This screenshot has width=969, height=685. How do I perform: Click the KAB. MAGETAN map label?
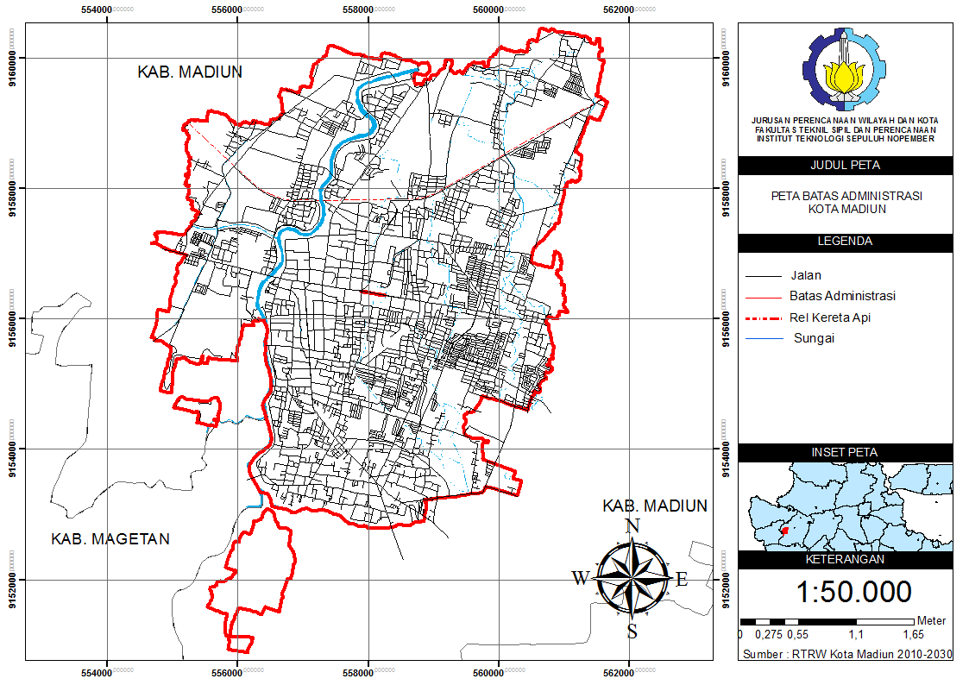(x=110, y=539)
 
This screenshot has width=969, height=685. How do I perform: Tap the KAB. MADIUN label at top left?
(x=190, y=72)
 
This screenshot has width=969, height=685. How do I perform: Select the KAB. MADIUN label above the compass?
(x=655, y=506)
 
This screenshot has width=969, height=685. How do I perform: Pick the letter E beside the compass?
(x=682, y=579)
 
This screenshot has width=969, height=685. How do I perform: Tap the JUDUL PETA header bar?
(x=845, y=166)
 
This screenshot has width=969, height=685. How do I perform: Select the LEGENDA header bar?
(x=845, y=242)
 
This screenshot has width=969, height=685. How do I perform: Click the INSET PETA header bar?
(x=845, y=453)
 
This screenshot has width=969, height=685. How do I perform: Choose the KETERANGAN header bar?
(x=845, y=559)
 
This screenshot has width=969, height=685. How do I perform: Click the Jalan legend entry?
(x=805, y=276)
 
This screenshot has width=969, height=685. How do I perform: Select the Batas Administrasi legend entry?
(x=842, y=296)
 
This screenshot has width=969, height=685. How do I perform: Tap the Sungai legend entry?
(x=814, y=338)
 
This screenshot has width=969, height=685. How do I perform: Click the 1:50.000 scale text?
(x=853, y=592)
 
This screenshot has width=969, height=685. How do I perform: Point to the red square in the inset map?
(x=784, y=531)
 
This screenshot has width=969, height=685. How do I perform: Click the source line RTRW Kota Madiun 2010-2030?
(x=846, y=655)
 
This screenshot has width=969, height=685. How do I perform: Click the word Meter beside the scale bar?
(x=931, y=620)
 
